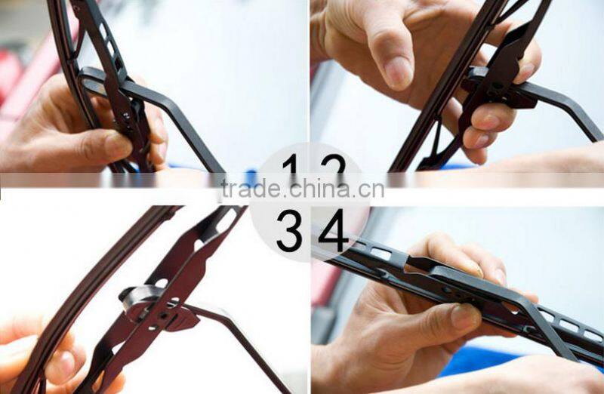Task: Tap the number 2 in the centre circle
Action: (333, 168)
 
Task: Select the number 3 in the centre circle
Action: (289, 230)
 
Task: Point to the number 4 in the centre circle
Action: (333, 230)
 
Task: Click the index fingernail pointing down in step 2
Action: (398, 72)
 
